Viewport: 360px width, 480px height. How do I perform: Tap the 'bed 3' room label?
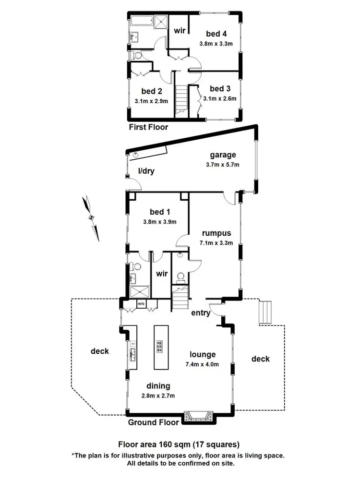(x=220, y=88)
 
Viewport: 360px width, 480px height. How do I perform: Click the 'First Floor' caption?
(x=148, y=128)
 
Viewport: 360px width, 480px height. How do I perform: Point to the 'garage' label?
(x=223, y=155)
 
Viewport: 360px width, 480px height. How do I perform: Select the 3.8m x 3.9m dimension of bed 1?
(x=160, y=222)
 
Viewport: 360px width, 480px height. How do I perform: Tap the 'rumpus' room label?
(x=216, y=233)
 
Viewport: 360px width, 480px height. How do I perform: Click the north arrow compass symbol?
(x=91, y=217)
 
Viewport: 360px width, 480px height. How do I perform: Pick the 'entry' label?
(x=200, y=313)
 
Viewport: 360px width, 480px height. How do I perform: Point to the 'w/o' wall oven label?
(x=141, y=304)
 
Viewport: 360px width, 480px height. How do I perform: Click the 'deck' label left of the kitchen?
(x=100, y=351)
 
